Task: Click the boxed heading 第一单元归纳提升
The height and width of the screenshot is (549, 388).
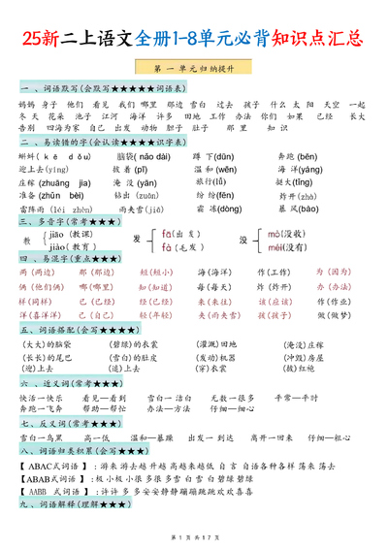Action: pyautogui.click(x=194, y=71)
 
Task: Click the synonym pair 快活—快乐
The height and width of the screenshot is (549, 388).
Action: pyautogui.click(x=42, y=397)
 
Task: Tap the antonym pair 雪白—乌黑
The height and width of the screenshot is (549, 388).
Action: pyautogui.click(x=42, y=436)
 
